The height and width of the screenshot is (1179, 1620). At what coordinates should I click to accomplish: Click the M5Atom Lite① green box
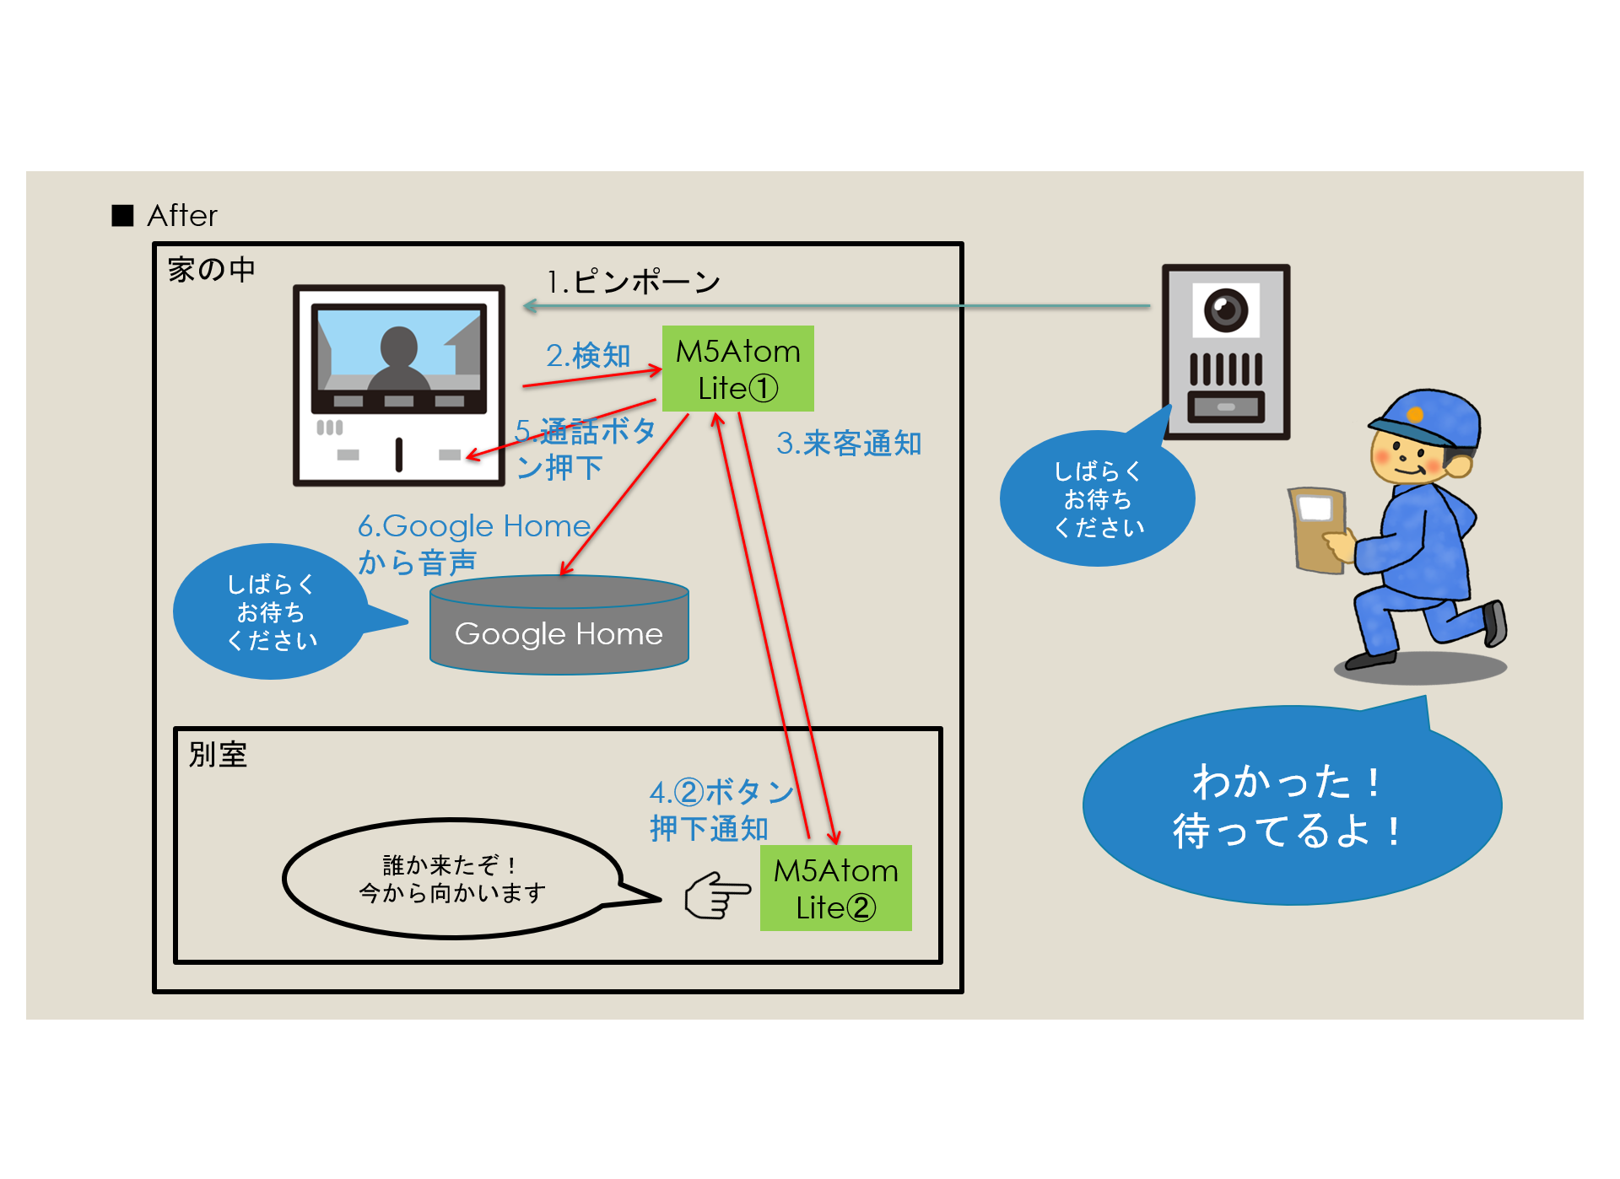coord(737,369)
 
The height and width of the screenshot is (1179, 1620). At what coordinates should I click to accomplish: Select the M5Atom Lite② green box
coord(835,888)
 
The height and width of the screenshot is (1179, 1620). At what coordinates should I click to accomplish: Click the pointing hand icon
coord(716,896)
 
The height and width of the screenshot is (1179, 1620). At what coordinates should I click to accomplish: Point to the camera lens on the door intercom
coord(1225,309)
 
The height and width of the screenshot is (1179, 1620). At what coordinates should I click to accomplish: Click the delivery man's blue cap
coord(1428,417)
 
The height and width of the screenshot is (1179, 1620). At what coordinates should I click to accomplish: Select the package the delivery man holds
coord(1317,529)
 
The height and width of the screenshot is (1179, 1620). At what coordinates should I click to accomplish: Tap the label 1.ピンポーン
coord(633,282)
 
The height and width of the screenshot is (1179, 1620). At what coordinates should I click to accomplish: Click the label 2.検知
coord(588,355)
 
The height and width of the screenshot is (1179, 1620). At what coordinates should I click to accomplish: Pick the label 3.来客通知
coord(849,444)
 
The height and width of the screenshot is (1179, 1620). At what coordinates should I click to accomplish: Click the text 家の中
coord(211,270)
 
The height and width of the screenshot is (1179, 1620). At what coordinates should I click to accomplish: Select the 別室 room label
coord(218,755)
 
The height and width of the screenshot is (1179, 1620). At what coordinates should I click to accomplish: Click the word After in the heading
coord(182,216)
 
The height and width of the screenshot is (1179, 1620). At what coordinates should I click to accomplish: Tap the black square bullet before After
coord(123,216)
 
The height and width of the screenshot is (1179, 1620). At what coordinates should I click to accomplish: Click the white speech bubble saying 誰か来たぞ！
coord(452,879)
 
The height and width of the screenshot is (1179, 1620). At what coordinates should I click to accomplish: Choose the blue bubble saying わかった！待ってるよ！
coord(1291,806)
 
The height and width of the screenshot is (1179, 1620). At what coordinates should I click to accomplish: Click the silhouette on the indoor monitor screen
coord(398,358)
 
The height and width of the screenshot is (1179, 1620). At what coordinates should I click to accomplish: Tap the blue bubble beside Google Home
coord(271,612)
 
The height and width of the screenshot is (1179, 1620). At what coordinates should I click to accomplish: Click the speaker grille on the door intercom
coord(1225,369)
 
